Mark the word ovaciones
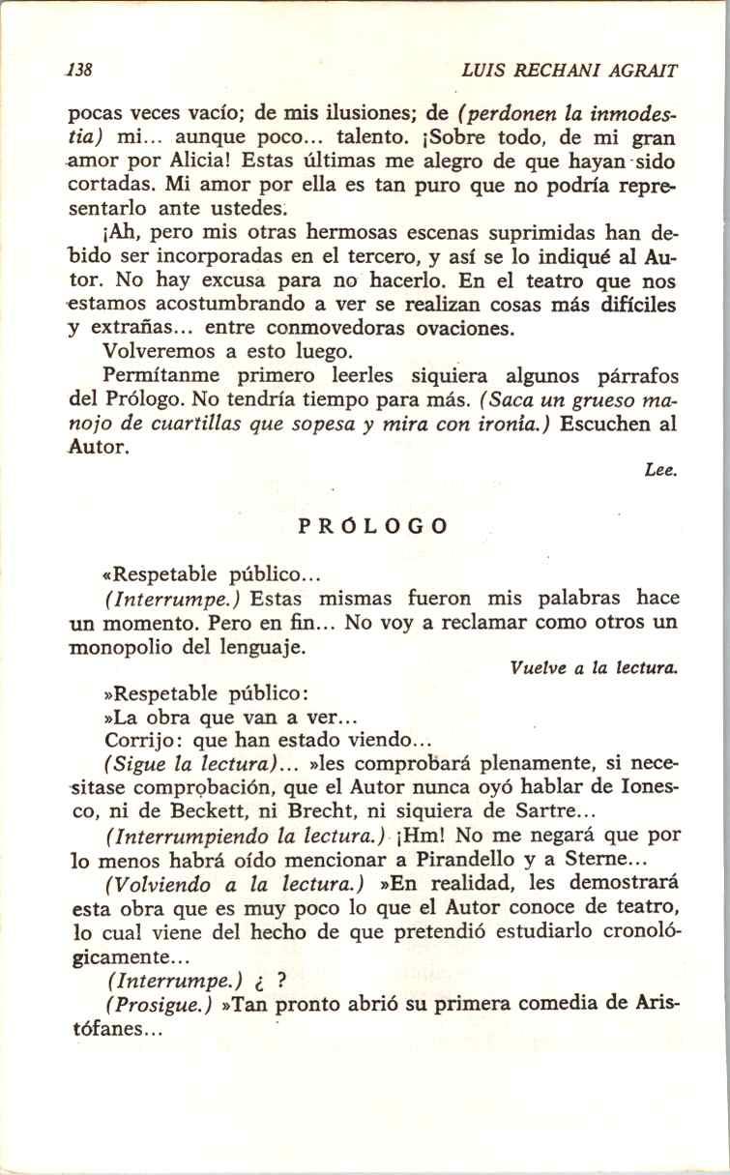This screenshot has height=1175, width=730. coord(463,328)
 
